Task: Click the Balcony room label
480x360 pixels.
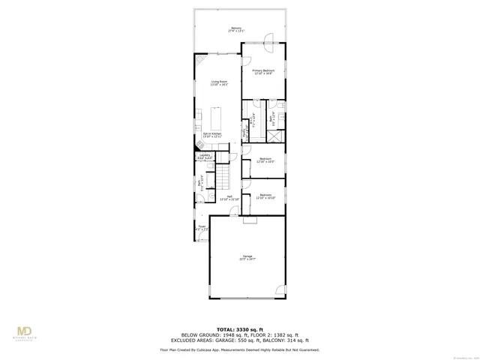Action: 236,30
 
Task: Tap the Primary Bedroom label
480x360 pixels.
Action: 262,71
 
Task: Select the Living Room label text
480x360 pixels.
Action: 218,82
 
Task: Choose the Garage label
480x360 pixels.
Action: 247,257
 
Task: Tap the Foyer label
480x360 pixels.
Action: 202,227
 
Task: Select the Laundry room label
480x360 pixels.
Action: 205,156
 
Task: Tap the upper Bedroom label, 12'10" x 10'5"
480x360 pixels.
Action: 265,160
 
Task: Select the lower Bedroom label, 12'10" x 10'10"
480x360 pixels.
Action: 265,196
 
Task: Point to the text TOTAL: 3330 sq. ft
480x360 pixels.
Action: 239,328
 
